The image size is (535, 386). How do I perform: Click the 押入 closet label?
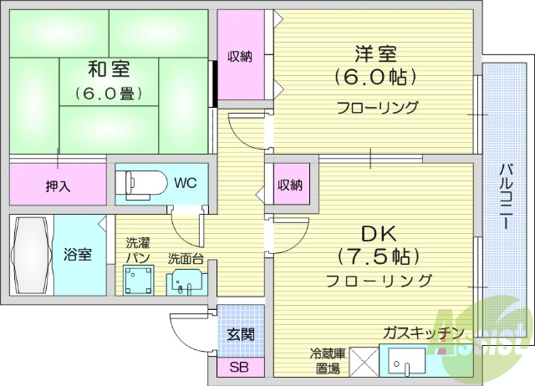58,185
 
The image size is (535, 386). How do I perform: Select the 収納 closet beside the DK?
290,185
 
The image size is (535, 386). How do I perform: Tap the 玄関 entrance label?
241,334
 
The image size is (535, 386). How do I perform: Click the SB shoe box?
240,367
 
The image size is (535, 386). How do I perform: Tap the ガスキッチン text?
423,333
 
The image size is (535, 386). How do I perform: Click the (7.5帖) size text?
378,256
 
